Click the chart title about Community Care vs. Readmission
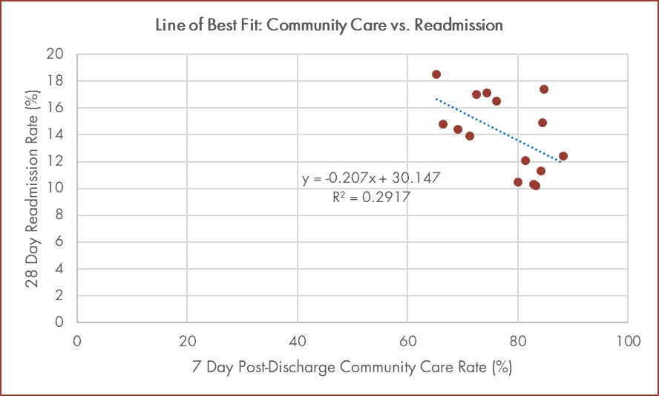click(329, 25)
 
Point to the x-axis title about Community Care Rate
click(352, 367)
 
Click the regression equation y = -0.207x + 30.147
click(371, 179)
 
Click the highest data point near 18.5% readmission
click(436, 74)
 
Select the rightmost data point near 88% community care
click(563, 156)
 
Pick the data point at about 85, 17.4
click(544, 89)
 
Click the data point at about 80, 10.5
click(518, 182)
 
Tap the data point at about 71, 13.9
click(470, 136)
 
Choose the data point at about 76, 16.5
click(496, 101)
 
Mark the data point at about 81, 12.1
click(525, 160)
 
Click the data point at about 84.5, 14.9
click(542, 123)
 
